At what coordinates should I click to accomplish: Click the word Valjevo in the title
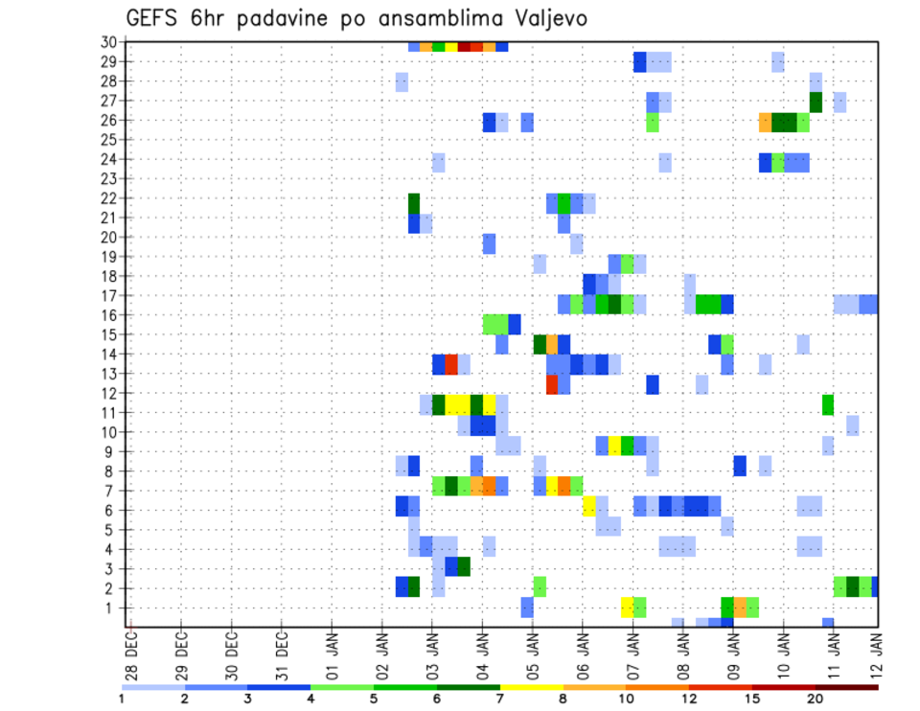(548, 19)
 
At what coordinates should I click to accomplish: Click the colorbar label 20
(816, 698)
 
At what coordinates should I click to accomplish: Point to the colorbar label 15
(752, 698)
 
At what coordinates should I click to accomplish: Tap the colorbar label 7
(500, 698)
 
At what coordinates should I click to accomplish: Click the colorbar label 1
(122, 698)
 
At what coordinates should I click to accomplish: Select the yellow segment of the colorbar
(532, 686)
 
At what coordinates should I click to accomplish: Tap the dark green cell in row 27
(816, 102)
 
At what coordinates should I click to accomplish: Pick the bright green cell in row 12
(827, 404)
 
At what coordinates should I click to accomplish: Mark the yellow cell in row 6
(588, 505)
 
